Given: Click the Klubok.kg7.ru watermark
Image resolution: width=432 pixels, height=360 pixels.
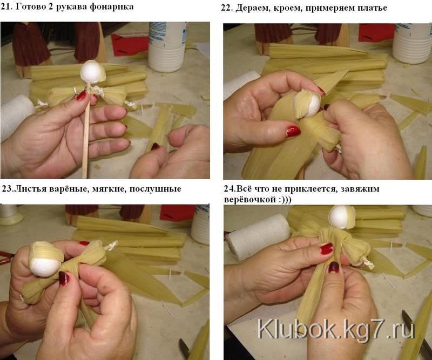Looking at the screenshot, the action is (x=336, y=329).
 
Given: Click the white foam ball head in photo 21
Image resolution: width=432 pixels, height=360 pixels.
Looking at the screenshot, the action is (x=91, y=72).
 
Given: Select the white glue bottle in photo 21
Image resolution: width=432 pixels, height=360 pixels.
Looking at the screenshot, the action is (x=167, y=47).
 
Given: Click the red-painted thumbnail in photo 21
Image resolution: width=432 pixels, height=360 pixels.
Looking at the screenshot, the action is (x=82, y=96).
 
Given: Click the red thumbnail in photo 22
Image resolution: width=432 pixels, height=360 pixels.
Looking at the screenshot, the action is (x=293, y=132).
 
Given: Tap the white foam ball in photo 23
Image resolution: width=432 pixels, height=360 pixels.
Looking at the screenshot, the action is (x=45, y=267).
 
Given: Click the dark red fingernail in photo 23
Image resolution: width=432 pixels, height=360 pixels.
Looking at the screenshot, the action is (x=64, y=278).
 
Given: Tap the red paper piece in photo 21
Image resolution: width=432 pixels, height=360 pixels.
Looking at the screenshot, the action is (x=130, y=45).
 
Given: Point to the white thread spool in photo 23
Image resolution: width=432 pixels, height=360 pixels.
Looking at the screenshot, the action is (x=10, y=215).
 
